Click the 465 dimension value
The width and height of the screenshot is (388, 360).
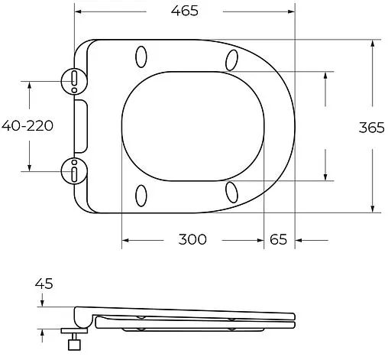pyautogui.click(x=183, y=11)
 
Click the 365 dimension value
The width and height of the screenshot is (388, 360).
pyautogui.click(x=371, y=128)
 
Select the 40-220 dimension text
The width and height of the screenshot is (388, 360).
pyautogui.click(x=27, y=126)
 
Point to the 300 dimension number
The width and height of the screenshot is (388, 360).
pyautogui.click(x=192, y=239)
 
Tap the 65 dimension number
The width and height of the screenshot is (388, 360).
pyautogui.click(x=278, y=239)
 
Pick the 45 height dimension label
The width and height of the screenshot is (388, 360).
pyautogui.click(x=44, y=284)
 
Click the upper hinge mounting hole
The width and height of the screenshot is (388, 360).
pyautogui.click(x=74, y=79)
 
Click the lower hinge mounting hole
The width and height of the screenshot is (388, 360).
pyautogui.click(x=74, y=172)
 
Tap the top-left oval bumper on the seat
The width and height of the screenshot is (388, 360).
pyautogui.click(x=141, y=58)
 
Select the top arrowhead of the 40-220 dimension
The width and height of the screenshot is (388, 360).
pyautogui.click(x=30, y=83)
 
